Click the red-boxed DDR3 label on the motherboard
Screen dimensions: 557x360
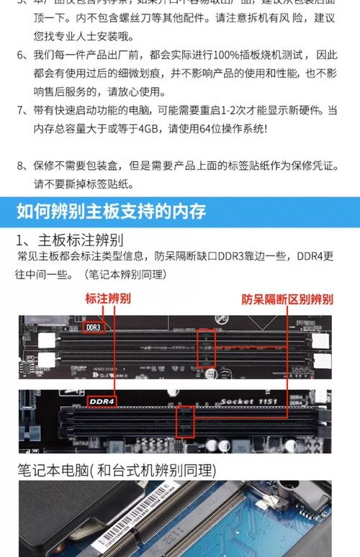click(x=94, y=327)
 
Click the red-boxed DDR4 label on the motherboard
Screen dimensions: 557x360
click(x=102, y=401)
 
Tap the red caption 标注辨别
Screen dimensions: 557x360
click(x=108, y=298)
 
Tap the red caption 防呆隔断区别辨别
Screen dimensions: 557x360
click(x=286, y=298)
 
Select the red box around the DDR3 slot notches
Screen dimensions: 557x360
click(x=205, y=348)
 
